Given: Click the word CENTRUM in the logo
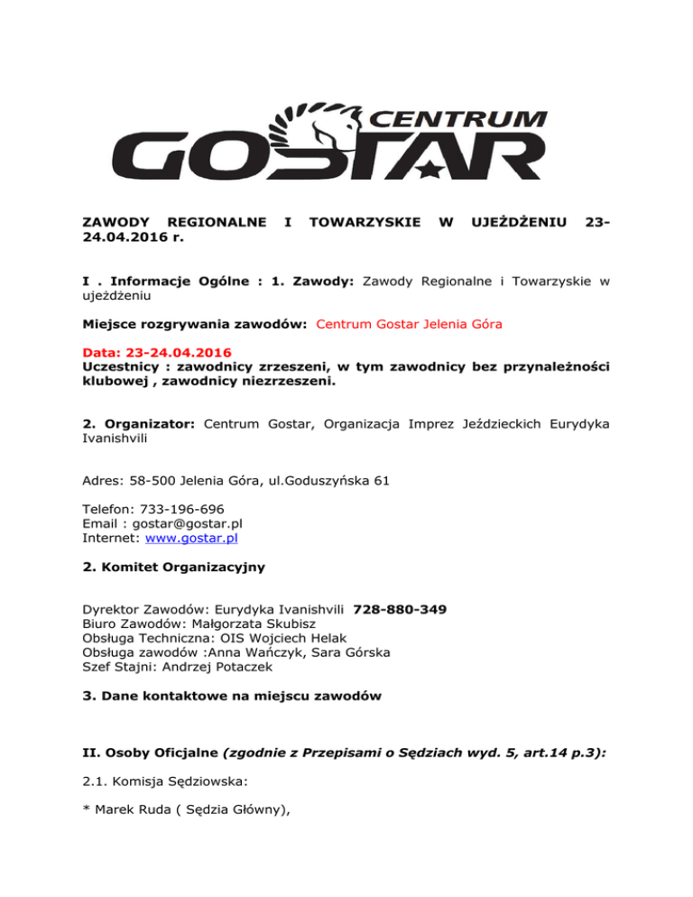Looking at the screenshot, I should [x=467, y=118].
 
